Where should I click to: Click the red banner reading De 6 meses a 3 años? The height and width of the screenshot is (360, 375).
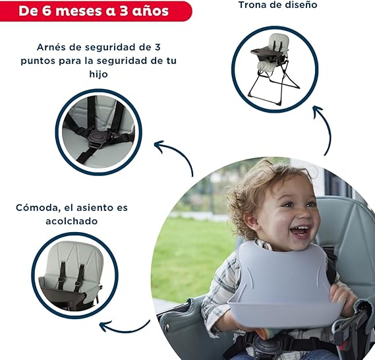pyautogui.click(x=96, y=11)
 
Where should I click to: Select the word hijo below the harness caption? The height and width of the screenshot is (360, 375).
pyautogui.click(x=99, y=74)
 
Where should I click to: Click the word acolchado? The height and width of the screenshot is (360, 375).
pyautogui.click(x=72, y=221)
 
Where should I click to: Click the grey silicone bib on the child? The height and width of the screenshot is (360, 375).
pyautogui.click(x=282, y=285)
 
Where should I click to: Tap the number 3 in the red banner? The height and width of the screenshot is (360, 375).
pyautogui.click(x=124, y=11)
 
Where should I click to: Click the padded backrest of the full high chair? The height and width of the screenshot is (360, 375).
pyautogui.click(x=279, y=41)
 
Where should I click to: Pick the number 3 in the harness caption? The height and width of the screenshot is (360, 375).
pyautogui.click(x=157, y=47)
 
